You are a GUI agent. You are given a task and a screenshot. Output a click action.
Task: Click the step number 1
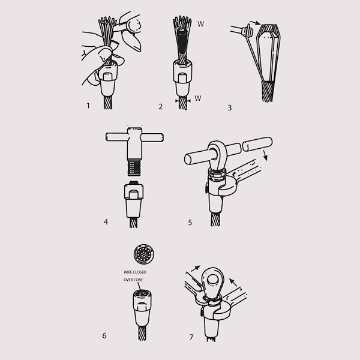[88, 106]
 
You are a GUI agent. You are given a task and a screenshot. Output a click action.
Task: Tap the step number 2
[160, 107]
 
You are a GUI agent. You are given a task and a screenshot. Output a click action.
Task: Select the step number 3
[230, 107]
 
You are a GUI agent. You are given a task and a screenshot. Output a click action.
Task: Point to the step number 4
[106, 222]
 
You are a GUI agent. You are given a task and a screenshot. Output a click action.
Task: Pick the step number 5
[190, 223]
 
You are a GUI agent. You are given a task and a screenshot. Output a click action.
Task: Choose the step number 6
[104, 335]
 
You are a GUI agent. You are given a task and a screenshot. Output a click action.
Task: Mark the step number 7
[191, 337]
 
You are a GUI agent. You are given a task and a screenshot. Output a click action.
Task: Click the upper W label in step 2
[200, 24]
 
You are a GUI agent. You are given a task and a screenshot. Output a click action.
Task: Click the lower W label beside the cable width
[197, 98]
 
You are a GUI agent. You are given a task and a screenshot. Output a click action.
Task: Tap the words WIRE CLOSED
[135, 272]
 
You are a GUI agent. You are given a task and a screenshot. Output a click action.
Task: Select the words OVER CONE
[133, 280]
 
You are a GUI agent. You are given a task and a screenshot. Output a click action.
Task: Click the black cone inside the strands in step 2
[183, 41]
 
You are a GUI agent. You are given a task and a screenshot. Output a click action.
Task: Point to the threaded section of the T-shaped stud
[134, 168]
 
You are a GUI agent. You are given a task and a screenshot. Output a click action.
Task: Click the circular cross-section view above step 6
[144, 254]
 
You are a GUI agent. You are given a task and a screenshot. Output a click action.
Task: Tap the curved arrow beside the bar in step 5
[265, 155]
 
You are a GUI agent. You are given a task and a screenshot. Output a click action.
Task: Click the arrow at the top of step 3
[256, 23]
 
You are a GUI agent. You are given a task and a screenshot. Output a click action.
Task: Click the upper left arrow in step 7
[195, 269]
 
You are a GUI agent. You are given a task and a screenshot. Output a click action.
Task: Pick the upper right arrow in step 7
[233, 282]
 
